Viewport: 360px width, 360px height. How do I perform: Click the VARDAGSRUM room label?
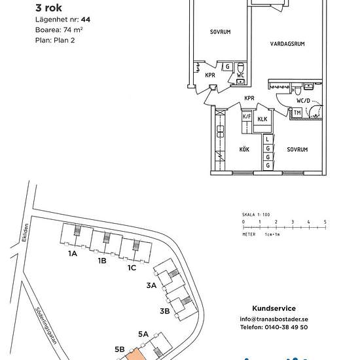coord(289,44)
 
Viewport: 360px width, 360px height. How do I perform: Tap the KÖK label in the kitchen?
coord(243,149)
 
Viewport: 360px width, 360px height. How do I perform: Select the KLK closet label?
coord(262,119)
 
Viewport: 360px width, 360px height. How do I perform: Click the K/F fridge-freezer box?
coord(247,117)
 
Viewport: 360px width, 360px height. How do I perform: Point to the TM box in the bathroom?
coord(298,113)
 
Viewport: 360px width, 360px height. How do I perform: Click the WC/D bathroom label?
coord(303,101)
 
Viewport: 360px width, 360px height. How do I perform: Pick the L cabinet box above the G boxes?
coord(268,139)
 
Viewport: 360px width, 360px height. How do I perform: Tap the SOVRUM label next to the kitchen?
coord(297,149)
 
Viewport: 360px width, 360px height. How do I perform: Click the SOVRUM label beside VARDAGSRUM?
coord(220,31)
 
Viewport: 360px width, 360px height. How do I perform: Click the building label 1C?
coord(132,267)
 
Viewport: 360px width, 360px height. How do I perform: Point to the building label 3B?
coord(164,310)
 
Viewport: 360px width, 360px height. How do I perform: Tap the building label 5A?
coord(144,334)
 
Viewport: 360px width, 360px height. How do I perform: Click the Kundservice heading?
coord(274,308)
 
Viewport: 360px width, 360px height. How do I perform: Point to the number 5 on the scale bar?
coord(325,223)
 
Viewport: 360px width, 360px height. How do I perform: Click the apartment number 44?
coord(85,20)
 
